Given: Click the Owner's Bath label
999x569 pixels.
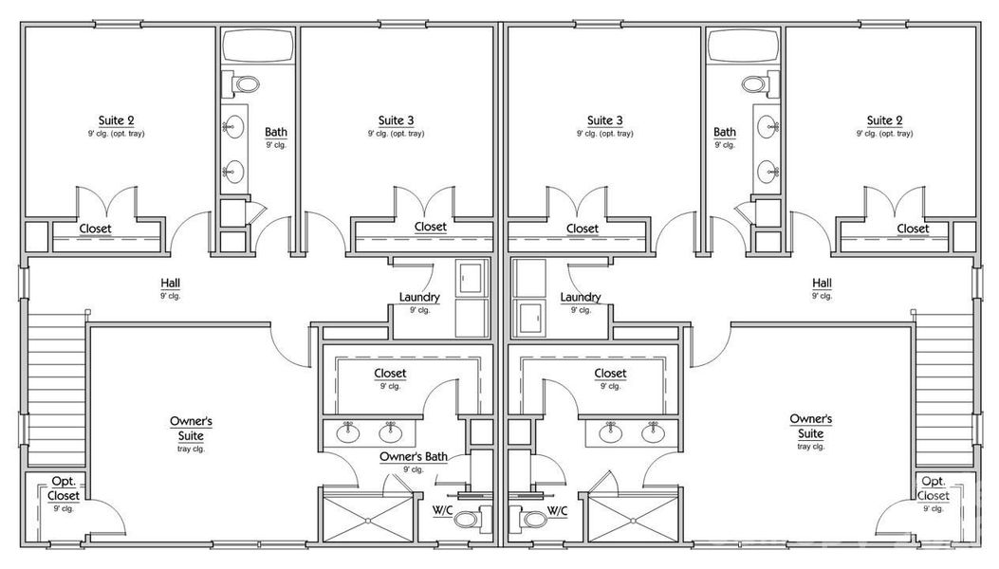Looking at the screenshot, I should [x=413, y=457].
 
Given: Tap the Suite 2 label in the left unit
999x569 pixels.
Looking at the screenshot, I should [x=116, y=120].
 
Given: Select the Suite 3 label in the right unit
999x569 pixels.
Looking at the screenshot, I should [x=604, y=120].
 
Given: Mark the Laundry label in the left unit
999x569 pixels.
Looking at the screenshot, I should [x=418, y=297].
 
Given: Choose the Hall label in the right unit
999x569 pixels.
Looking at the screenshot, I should [x=822, y=283].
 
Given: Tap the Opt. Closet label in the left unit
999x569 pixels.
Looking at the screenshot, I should [x=64, y=488].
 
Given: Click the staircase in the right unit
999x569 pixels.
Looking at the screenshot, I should [x=944, y=384].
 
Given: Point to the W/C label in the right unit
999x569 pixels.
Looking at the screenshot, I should [x=557, y=512].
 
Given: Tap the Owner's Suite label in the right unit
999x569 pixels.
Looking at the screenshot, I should [x=810, y=426].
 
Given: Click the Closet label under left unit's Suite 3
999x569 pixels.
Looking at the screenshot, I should [x=430, y=228].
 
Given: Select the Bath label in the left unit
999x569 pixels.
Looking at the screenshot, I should [x=276, y=133].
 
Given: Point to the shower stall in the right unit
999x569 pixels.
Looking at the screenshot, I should [x=632, y=517].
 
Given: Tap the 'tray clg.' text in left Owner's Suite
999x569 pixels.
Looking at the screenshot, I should [x=190, y=449].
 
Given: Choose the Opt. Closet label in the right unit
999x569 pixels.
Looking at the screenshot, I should [x=933, y=488].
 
